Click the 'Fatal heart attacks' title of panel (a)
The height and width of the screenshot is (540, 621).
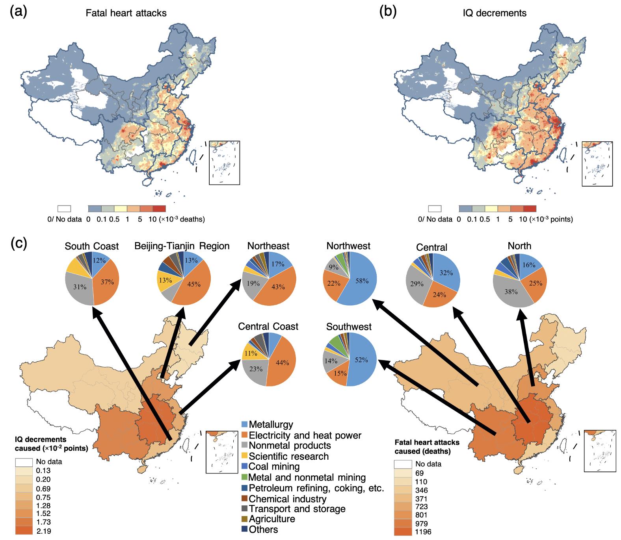[126, 13]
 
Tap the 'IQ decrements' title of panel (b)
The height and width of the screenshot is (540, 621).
[495, 13]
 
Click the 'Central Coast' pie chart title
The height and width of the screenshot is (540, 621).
[268, 327]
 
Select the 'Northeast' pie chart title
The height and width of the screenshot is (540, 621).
[268, 246]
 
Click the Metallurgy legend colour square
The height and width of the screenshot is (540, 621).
[244, 424]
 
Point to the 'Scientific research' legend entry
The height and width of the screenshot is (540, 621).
[285, 456]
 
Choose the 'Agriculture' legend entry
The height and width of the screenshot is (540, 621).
[268, 519]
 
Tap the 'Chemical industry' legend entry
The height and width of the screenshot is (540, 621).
[284, 499]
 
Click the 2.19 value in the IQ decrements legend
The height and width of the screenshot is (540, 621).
[43, 531]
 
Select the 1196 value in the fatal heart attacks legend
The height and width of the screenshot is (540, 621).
[423, 532]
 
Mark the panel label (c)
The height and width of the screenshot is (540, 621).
[18, 244]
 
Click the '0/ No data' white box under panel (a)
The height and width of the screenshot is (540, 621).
[64, 209]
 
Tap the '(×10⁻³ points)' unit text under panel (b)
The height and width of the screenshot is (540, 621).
[551, 219]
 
